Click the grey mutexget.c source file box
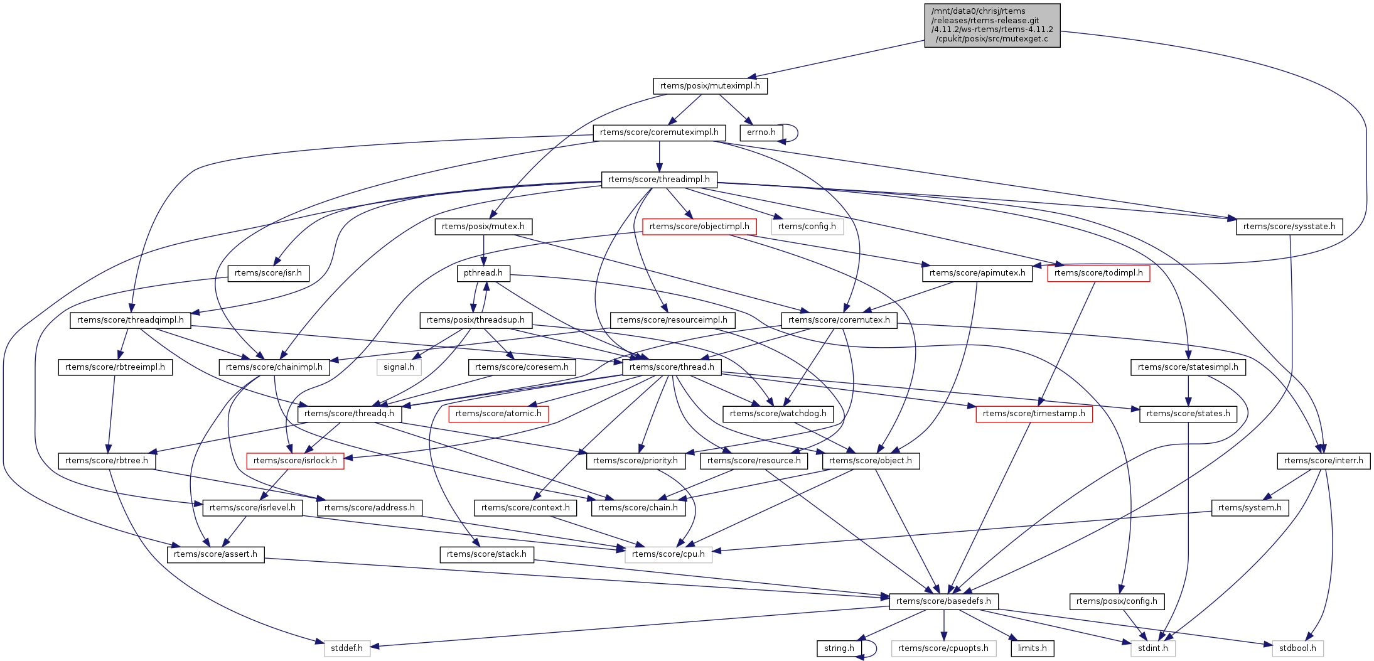[992, 25]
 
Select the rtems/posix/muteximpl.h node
[710, 86]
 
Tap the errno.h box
[761, 132]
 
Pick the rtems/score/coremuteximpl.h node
[659, 132]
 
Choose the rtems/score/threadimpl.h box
[659, 180]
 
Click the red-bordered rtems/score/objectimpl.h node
[699, 227]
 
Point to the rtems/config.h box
[807, 227]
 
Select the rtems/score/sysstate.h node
[1289, 227]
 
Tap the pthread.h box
[483, 273]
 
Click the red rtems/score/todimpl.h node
[1098, 273]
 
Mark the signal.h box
[399, 367]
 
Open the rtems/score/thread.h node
[672, 367]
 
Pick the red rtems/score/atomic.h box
[498, 414]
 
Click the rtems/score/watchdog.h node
[778, 414]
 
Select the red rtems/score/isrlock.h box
[295, 461]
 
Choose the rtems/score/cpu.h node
[668, 554]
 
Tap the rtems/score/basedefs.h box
[943, 601]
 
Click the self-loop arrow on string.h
[874, 648]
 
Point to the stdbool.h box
[1297, 648]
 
